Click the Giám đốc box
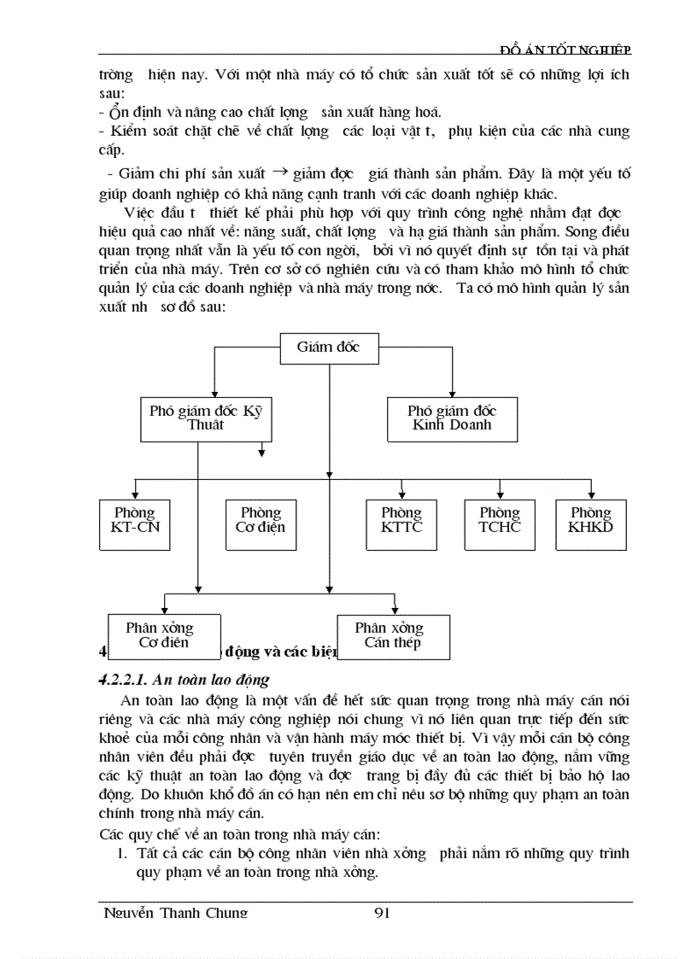[x=329, y=348]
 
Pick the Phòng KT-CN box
[x=135, y=520]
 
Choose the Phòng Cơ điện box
[x=261, y=520]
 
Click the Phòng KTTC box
[x=401, y=520]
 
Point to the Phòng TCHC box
[x=500, y=520]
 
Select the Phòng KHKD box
[x=591, y=520]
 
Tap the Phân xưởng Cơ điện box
[x=162, y=635]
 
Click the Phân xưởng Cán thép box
[x=392, y=635]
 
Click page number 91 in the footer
[x=382, y=913]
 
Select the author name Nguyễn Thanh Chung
[x=174, y=913]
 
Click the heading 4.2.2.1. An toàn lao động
[x=184, y=680]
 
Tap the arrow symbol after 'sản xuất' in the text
[x=278, y=171]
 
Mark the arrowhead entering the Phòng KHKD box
[x=591, y=494]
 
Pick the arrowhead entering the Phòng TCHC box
[x=500, y=494]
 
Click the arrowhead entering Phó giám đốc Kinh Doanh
[x=452, y=391]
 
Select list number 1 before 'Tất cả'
[x=122, y=853]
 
